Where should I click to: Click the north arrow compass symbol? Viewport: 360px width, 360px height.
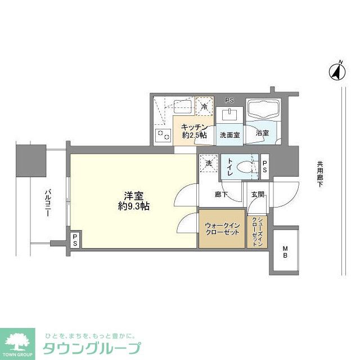pyautogui.click(x=337, y=71)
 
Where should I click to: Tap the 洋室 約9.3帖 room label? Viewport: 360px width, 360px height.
pyautogui.click(x=134, y=201)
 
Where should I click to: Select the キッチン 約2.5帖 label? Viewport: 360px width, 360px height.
pyautogui.click(x=193, y=131)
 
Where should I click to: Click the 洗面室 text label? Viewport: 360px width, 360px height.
pyautogui.click(x=229, y=135)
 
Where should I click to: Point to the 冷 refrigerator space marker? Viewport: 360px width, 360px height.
pyautogui.click(x=204, y=106)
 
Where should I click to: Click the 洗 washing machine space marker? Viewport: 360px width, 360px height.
pyautogui.click(x=209, y=163)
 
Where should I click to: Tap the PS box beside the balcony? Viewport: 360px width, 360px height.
pyautogui.click(x=75, y=240)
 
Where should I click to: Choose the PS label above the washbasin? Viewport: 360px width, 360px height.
pyautogui.click(x=229, y=100)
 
